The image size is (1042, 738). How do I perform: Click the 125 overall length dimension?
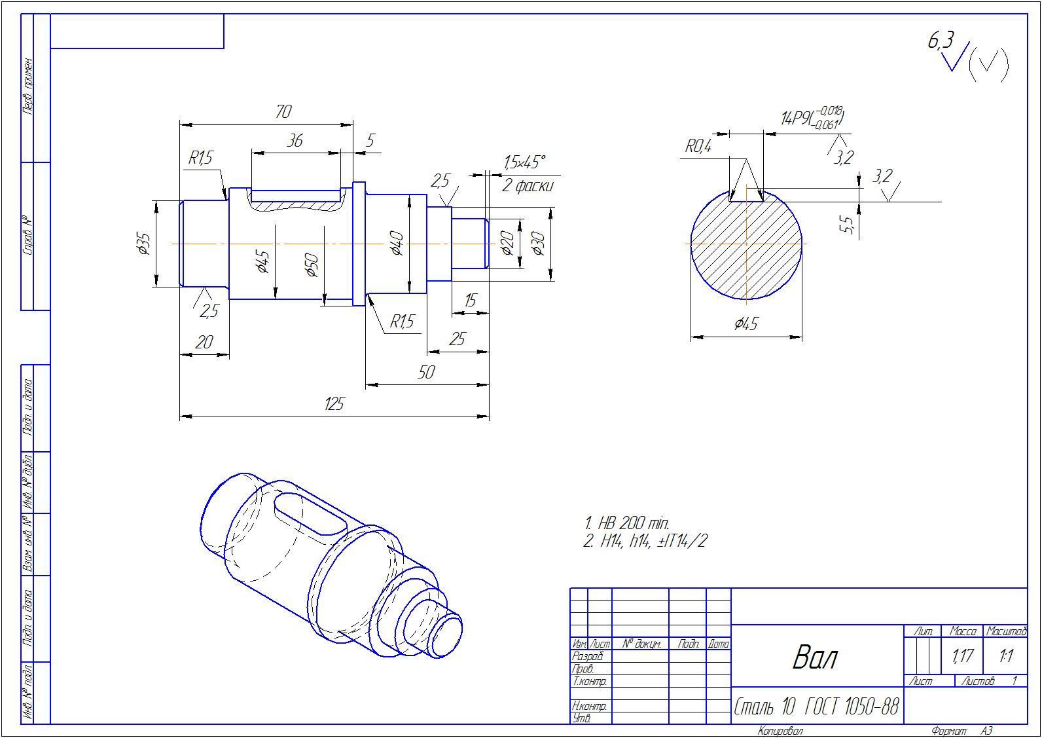(334, 403)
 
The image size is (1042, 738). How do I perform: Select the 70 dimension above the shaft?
(283, 112)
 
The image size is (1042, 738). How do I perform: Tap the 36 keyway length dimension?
(295, 141)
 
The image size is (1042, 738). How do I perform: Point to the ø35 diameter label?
(144, 244)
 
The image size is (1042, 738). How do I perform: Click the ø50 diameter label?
(312, 265)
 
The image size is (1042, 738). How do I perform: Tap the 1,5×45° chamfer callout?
(524, 162)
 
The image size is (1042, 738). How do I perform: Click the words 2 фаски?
(528, 186)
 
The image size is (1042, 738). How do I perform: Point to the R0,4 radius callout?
(698, 147)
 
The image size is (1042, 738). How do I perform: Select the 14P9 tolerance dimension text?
(812, 117)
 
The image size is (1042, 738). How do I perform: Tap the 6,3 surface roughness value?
(941, 40)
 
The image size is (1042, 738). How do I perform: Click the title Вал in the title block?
(815, 657)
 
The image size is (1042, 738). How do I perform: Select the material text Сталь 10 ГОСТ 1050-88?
(816, 707)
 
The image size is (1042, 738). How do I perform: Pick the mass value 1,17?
(962, 656)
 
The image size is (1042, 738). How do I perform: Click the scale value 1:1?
(1006, 656)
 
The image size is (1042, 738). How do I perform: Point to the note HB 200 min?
(627, 523)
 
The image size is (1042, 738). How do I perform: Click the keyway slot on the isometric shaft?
(310, 515)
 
